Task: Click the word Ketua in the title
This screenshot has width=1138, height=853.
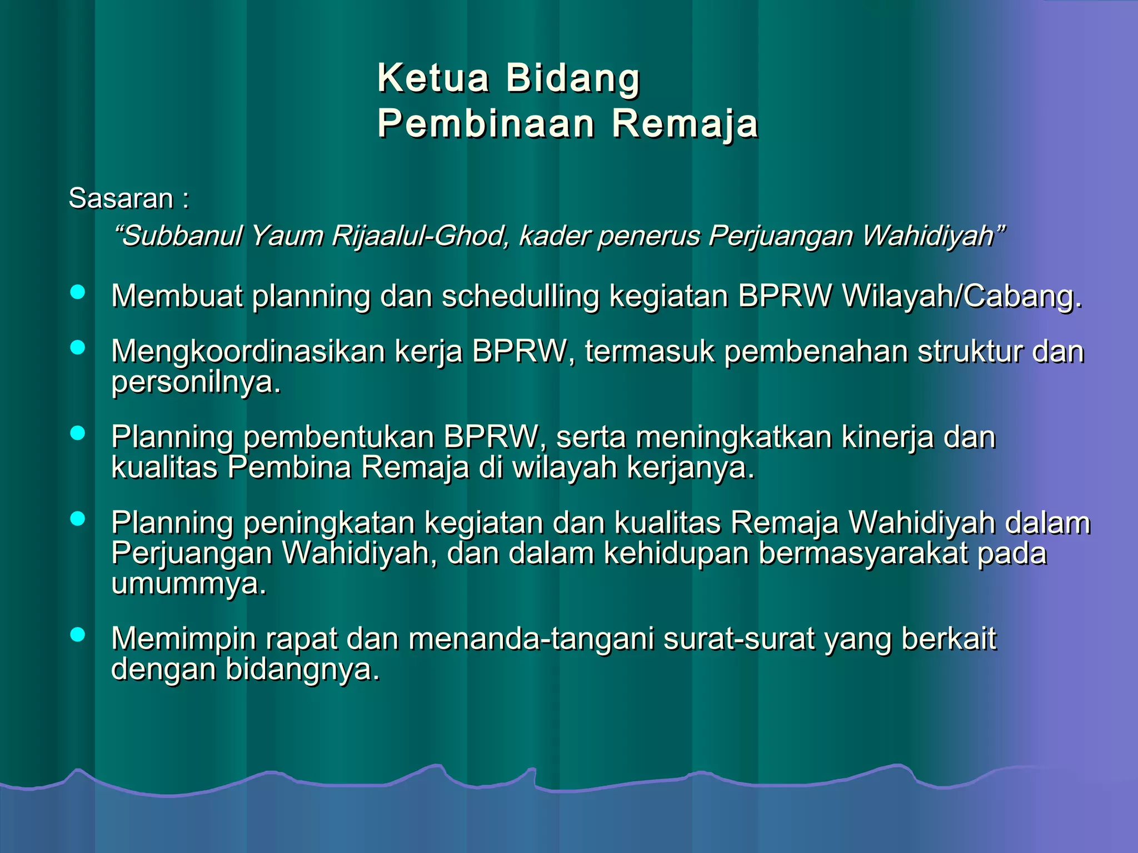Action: point(433,78)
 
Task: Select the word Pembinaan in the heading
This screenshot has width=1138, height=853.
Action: point(486,123)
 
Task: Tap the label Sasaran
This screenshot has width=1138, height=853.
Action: point(121,198)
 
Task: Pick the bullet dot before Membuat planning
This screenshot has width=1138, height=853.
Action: point(78,292)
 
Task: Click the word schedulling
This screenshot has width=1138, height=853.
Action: point(521,296)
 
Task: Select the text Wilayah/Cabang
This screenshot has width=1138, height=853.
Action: point(962,296)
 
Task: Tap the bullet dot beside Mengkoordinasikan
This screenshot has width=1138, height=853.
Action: point(78,348)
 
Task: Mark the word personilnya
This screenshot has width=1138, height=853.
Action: point(196,382)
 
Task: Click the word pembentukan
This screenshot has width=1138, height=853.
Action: point(338,437)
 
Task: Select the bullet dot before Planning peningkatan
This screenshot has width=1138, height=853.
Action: point(78,519)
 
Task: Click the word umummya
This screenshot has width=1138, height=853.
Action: point(188,583)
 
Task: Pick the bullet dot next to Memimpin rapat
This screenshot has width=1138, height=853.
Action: point(78,634)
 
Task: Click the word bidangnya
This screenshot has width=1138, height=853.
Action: point(302,669)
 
